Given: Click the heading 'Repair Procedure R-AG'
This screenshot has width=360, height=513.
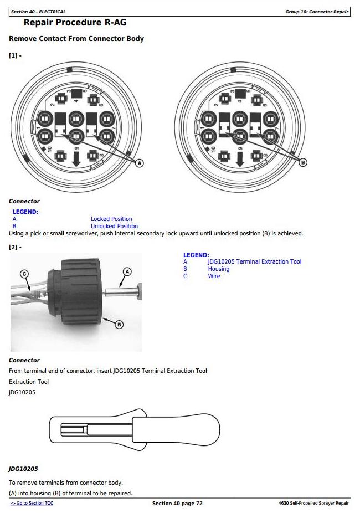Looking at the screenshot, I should (x=75, y=23).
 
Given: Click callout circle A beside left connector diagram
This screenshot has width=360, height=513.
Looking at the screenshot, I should (x=140, y=163).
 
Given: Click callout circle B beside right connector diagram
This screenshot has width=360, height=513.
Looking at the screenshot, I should (x=303, y=162).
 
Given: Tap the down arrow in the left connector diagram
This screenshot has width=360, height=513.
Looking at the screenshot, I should (x=76, y=159).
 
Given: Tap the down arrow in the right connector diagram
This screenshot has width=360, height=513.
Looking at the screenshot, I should (x=240, y=159).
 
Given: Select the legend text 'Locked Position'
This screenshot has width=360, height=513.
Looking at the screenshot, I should (x=111, y=219).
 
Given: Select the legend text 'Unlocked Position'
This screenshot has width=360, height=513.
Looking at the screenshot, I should (x=114, y=226).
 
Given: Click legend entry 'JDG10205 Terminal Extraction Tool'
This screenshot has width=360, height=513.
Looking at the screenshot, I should (x=255, y=261).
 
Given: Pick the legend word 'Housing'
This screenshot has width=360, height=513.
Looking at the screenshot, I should (x=218, y=269).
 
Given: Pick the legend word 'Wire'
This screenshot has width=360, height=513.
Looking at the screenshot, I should (x=214, y=276).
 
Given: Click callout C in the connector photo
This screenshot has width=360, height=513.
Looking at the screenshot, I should (x=24, y=274).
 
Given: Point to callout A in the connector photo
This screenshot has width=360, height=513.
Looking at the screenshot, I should (x=127, y=271).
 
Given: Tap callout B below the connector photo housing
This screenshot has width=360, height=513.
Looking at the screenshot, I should (x=119, y=325).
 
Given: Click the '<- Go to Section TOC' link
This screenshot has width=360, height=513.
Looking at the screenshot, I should (x=32, y=503).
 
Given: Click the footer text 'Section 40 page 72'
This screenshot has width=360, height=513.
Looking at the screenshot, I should (x=177, y=503).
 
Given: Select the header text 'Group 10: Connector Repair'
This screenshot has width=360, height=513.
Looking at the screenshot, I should (x=317, y=12).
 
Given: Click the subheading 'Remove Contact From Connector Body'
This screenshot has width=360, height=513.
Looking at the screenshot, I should (x=76, y=39).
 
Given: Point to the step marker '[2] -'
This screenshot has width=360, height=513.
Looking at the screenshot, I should (x=15, y=247).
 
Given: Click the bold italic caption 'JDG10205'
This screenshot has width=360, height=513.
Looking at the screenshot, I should (x=23, y=469).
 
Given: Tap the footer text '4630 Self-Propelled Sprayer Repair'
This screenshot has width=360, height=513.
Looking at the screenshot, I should (x=313, y=503).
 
